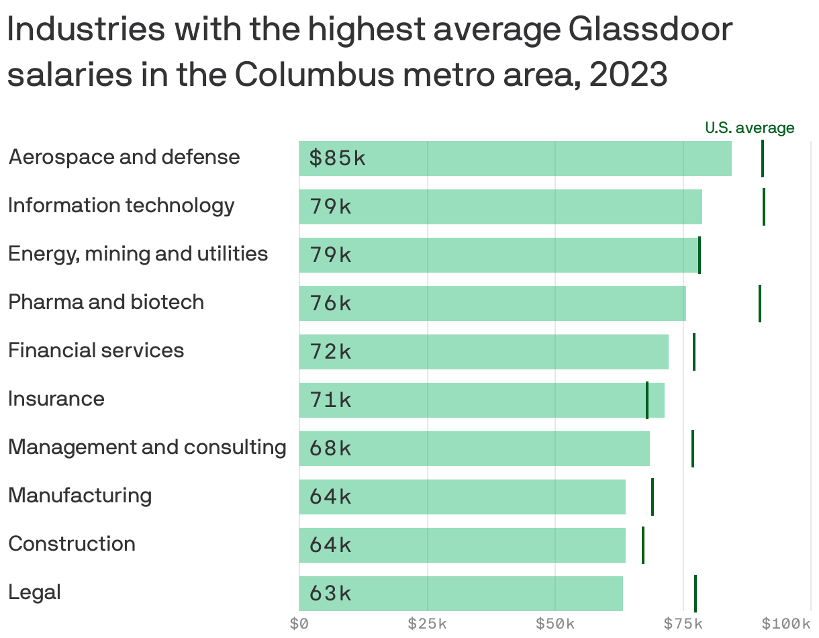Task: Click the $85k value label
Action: coord(338,158)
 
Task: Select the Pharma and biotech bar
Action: coord(492,304)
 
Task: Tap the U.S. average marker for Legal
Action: coord(695,594)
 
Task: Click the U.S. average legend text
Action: coord(749,128)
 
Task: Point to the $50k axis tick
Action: coord(555,624)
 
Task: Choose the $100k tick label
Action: coord(786,624)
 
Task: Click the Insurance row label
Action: coord(56,399)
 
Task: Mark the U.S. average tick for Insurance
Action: coord(647,400)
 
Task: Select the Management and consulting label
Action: coord(147,447)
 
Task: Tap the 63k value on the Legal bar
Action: coord(330,594)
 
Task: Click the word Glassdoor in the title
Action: coord(650,30)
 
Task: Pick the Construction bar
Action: coord(462,545)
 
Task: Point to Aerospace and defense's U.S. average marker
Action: coord(763,158)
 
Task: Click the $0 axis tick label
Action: coord(299,624)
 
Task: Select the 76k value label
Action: coord(330,304)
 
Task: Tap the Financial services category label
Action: coord(96,351)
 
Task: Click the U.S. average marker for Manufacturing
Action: coord(653,497)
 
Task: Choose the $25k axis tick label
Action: coord(428,624)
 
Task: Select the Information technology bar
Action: coord(500,207)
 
